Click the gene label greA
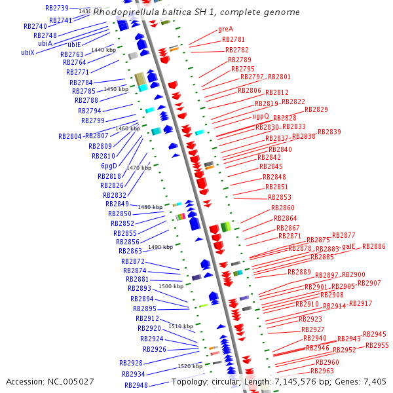225,29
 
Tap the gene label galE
348,246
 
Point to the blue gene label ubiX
28,52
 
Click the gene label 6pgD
109,166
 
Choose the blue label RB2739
57,8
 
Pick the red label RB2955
377,345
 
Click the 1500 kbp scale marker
171,286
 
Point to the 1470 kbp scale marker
139,168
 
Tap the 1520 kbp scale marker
190,366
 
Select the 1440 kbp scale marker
103,50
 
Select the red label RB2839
329,132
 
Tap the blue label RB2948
136,385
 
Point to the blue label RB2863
130,251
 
